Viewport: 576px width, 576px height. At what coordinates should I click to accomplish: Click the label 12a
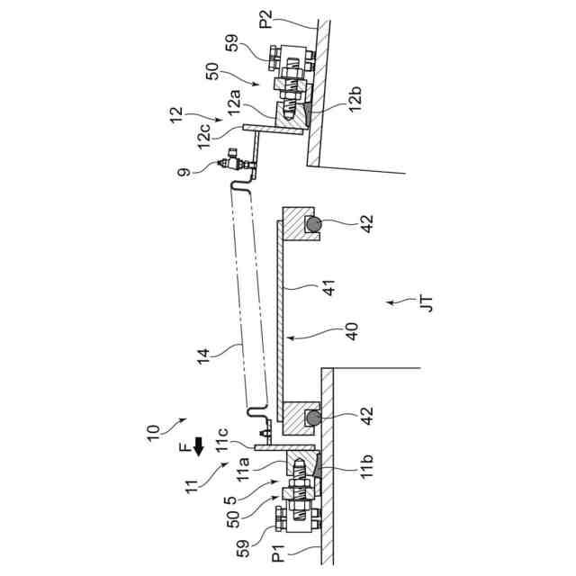pyautogui.click(x=236, y=96)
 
